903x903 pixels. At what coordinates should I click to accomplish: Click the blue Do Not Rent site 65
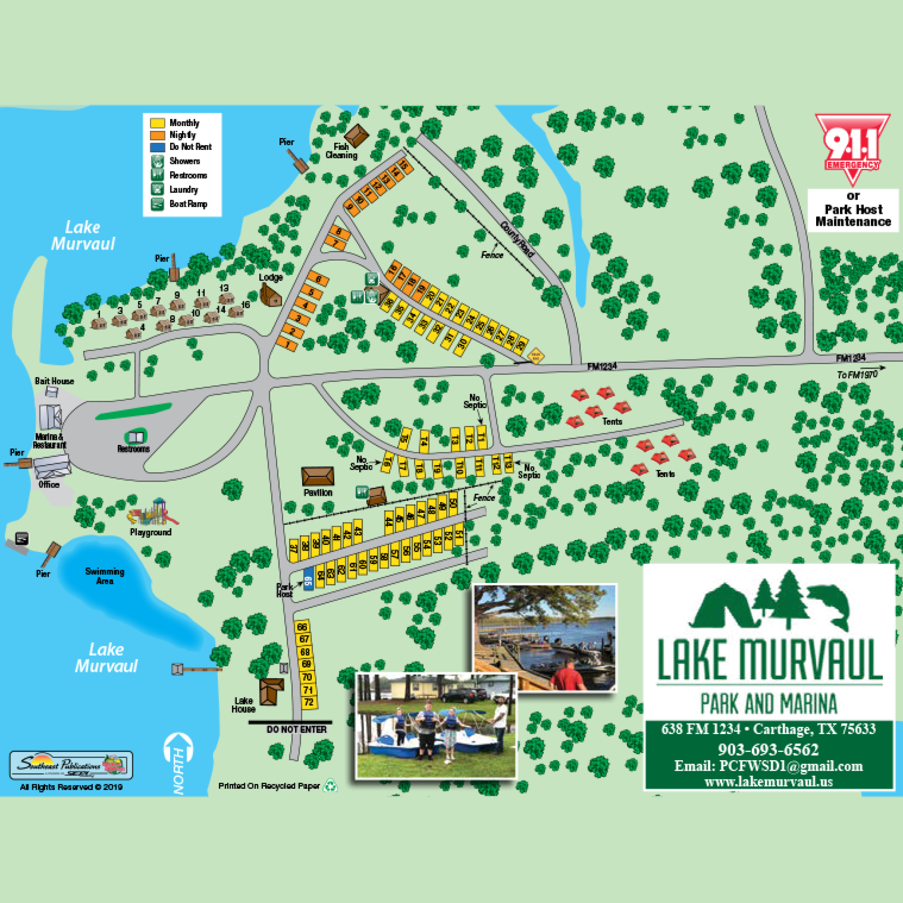click(x=308, y=579)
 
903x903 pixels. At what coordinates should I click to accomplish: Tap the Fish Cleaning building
click(x=357, y=135)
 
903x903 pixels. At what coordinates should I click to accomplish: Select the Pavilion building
click(x=318, y=476)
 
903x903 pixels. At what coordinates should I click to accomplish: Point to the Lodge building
click(x=271, y=295)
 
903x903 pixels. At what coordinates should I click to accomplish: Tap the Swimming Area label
click(x=104, y=576)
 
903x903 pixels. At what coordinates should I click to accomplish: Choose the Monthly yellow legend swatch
click(x=157, y=123)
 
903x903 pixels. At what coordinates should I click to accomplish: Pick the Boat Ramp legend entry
click(x=179, y=204)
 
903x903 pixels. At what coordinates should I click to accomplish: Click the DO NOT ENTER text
click(x=296, y=729)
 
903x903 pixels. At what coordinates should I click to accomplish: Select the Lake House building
click(x=271, y=691)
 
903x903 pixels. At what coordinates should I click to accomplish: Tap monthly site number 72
click(x=309, y=702)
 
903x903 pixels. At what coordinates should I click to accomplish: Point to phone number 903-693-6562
click(x=769, y=750)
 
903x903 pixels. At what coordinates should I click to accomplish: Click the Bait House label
click(x=54, y=381)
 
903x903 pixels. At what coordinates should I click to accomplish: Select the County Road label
click(x=517, y=239)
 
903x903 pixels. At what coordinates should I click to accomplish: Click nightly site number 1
click(x=288, y=345)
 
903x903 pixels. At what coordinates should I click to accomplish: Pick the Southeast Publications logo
click(x=71, y=765)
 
